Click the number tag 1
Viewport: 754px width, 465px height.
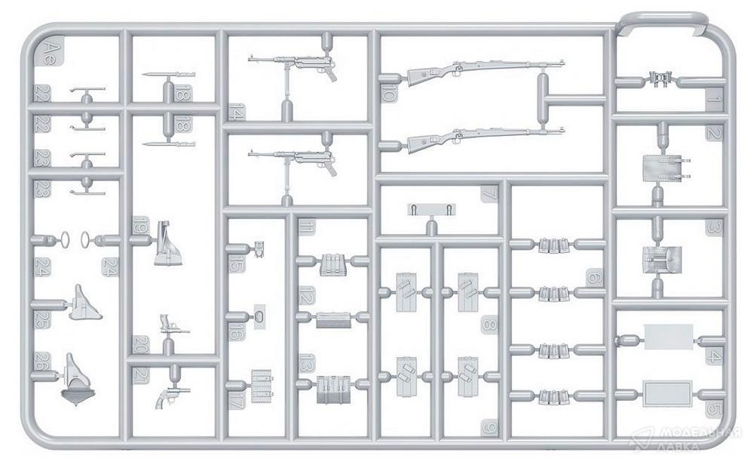coord(713,96)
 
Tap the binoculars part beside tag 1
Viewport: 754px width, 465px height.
coord(661,79)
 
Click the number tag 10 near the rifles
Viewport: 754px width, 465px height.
coord(388,94)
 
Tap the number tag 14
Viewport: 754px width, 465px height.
coord(236,113)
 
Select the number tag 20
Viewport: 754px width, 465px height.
coord(139,344)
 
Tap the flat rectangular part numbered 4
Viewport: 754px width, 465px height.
coord(668,337)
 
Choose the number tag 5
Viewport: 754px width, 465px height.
coord(713,411)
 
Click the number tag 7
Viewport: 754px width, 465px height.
coord(489,194)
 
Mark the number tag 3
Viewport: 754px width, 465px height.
coord(713,227)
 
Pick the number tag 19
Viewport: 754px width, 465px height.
coord(139,225)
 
